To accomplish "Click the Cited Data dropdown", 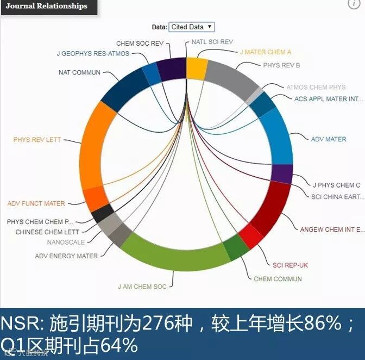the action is (192, 27).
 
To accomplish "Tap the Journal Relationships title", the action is (47, 7).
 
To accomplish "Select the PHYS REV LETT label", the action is (37, 140).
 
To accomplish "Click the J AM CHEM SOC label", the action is (142, 286).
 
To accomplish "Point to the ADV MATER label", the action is (328, 139).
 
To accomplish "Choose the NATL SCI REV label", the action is (212, 41).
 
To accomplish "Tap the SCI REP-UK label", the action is (290, 265).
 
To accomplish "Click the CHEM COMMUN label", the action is (278, 279).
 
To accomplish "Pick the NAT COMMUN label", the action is (79, 72).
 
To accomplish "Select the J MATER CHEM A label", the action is (266, 52).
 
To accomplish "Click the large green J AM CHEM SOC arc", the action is (174, 256).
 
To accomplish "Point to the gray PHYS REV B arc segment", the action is (230, 76).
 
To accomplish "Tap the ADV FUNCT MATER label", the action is (36, 203).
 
